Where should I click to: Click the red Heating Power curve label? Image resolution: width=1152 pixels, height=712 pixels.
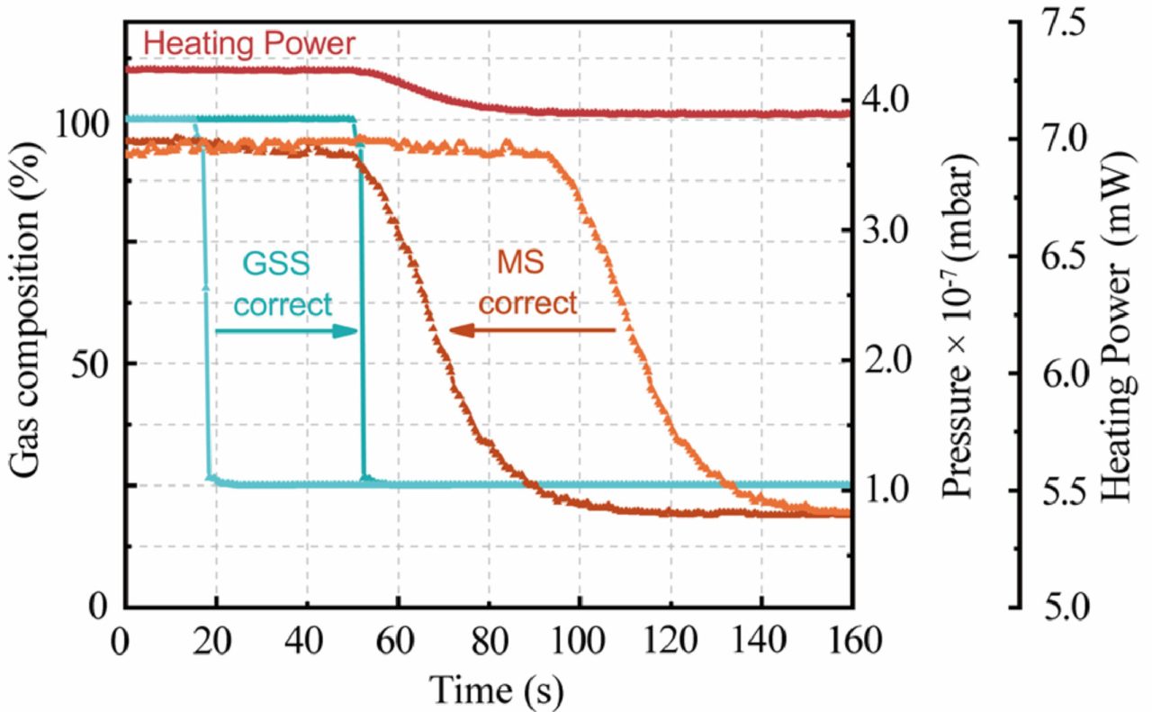point(249,42)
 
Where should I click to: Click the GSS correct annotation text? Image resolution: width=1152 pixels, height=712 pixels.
point(283,286)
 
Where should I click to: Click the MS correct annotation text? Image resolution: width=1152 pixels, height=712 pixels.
point(526,285)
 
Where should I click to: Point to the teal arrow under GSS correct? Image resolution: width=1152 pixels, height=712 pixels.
point(286,331)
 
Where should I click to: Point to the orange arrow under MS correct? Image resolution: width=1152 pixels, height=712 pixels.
point(532,331)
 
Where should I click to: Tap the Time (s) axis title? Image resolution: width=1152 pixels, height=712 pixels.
point(498,689)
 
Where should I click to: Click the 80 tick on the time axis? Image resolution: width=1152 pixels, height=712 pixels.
point(489,641)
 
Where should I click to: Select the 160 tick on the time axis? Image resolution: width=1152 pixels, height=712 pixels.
point(850,641)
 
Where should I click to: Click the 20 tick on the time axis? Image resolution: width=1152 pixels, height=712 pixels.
point(216,641)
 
